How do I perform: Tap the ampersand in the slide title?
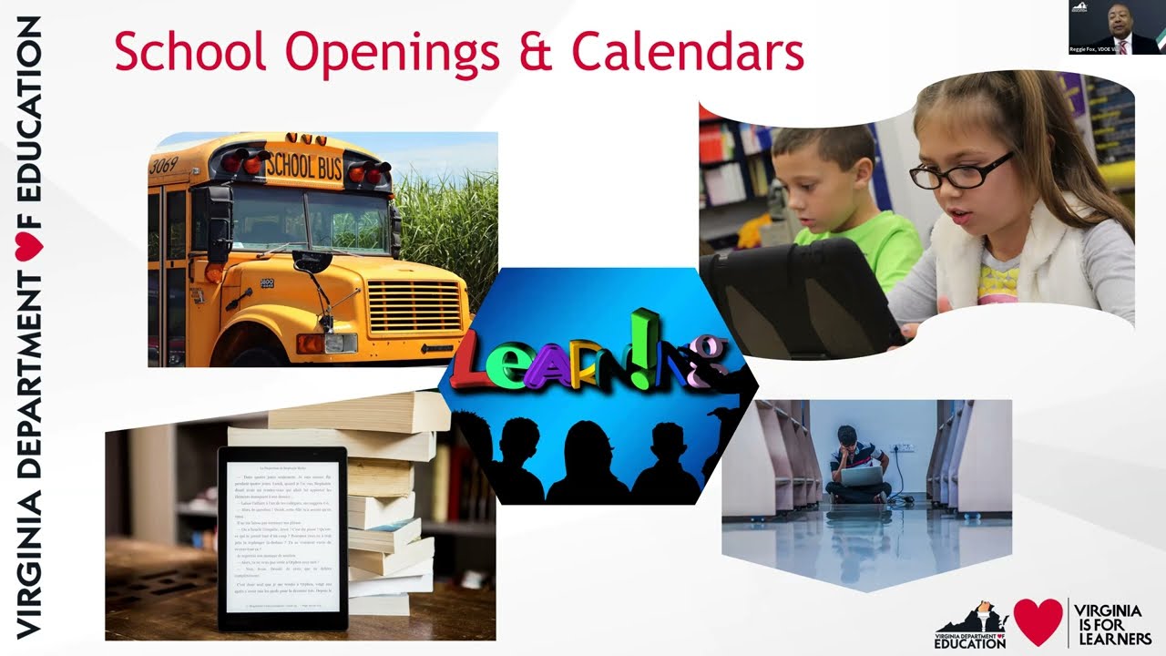click(539, 53)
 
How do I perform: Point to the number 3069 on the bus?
click(163, 165)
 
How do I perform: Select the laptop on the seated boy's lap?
click(862, 476)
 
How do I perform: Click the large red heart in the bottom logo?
click(1038, 621)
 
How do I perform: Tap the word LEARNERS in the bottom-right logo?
click(1112, 637)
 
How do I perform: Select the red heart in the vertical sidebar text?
click(29, 246)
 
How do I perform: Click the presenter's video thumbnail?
click(1117, 27)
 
